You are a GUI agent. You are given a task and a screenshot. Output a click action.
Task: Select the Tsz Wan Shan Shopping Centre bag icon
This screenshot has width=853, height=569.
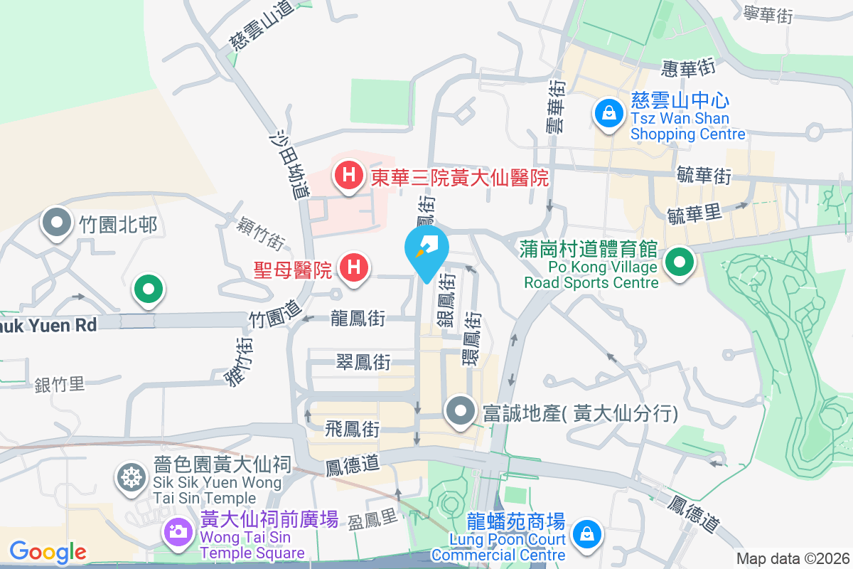point(609,112)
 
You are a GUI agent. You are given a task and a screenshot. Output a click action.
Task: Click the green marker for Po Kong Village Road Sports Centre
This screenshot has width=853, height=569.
point(680,262)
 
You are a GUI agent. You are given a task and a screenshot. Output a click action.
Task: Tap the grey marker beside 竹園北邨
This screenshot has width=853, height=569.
point(56,224)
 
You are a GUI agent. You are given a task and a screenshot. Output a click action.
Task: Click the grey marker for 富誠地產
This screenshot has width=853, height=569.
point(461,412)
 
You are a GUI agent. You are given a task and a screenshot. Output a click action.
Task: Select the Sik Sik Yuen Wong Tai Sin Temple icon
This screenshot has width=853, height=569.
point(131,476)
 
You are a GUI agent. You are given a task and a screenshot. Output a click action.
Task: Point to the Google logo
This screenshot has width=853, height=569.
point(48,551)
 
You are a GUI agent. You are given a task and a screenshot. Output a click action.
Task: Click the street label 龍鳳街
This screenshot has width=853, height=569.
point(358,318)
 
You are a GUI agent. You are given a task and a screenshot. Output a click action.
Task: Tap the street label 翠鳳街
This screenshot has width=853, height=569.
point(363,362)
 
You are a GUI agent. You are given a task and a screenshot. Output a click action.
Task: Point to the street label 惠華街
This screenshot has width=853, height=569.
point(687,68)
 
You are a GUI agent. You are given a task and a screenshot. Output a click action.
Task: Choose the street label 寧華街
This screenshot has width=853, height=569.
point(768,14)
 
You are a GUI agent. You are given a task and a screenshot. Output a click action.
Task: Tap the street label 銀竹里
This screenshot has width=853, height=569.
point(60,385)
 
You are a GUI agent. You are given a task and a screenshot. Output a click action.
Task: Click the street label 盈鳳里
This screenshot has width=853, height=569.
point(372,521)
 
